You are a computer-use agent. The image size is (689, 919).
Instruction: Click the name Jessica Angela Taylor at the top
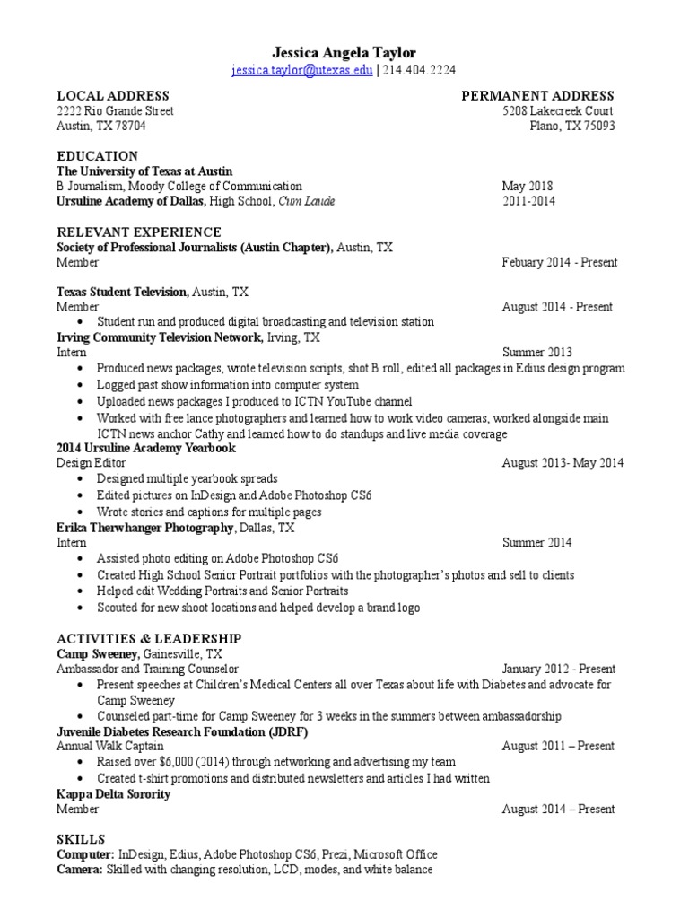point(344,53)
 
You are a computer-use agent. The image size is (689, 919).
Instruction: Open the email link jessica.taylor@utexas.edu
point(301,71)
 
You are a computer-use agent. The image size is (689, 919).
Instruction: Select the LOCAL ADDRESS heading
point(113,95)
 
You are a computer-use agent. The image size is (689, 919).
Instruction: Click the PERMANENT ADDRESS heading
point(537,95)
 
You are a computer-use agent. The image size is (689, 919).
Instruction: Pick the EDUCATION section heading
point(97,155)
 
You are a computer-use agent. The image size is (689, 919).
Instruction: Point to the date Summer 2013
point(536,352)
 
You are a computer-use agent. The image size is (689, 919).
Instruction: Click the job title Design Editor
point(86,463)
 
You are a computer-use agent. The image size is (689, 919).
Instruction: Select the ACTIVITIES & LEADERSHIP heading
point(149,638)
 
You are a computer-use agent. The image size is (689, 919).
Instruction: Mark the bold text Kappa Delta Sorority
point(113,794)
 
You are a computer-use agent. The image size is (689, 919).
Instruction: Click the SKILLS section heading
point(81,838)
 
